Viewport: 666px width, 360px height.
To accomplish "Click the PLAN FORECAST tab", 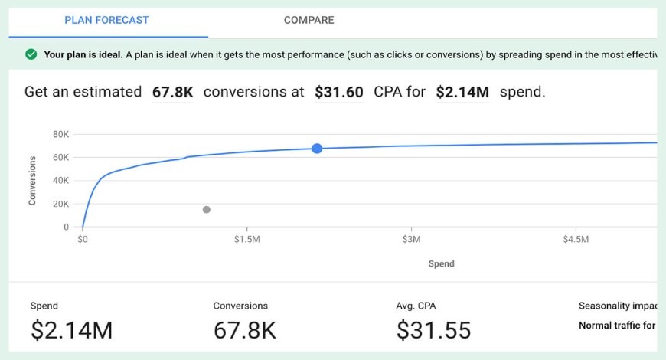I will click(106, 20).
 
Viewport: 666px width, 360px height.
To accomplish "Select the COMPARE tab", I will click(309, 20).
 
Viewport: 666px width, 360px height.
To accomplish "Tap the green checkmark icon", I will click(31, 54).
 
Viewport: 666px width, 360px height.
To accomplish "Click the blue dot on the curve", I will click(317, 148).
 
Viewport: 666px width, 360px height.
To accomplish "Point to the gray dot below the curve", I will click(207, 209).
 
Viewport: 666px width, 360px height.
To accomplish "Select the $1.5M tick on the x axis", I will click(246, 240).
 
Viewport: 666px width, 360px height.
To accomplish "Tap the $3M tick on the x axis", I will click(411, 240).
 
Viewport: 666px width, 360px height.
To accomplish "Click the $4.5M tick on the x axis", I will click(576, 240).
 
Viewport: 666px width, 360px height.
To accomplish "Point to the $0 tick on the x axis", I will click(83, 240).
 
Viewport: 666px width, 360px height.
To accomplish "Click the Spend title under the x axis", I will click(441, 263).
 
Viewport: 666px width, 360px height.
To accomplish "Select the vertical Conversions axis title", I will click(32, 181).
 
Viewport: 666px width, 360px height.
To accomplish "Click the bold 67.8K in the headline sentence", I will click(172, 93).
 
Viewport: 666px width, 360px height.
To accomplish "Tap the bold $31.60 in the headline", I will click(338, 93).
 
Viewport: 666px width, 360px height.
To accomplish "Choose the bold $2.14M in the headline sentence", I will click(462, 93).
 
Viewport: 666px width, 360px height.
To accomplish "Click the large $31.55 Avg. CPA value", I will click(433, 330).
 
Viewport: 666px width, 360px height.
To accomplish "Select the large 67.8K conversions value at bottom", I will click(244, 330).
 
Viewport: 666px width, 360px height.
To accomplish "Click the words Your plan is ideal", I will click(83, 54).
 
